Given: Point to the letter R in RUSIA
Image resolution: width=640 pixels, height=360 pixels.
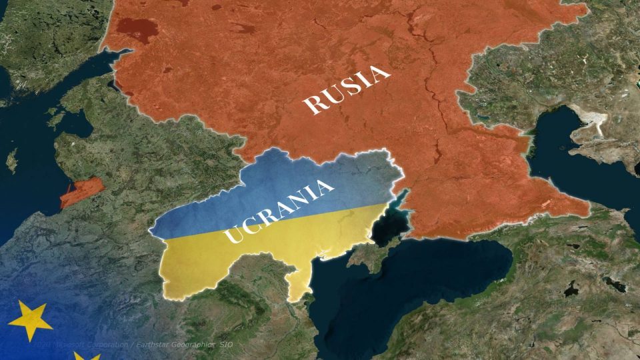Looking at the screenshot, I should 312,105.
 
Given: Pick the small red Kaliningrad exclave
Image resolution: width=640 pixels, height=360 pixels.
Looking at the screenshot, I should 81,192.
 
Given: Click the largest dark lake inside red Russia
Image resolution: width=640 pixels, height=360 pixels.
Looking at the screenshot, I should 137,28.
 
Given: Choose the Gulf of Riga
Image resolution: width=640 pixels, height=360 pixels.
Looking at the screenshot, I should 75,123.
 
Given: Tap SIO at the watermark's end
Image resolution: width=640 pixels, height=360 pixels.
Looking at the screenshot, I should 227,344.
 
